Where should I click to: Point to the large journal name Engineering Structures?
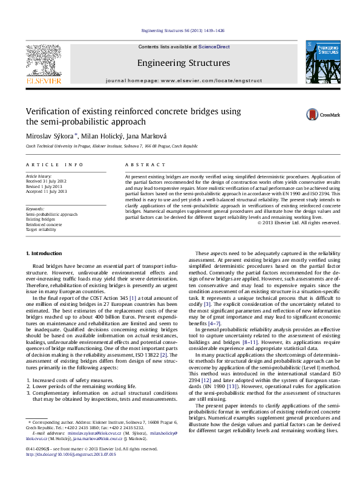coord(183,62)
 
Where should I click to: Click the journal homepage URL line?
coord(183,80)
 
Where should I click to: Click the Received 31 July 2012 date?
coord(45,180)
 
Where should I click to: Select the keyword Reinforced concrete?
coord(44,224)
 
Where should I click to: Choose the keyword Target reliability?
coord(41,230)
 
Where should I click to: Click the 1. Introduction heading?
coord(46,270)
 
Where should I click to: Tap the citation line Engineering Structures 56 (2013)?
coord(180,30)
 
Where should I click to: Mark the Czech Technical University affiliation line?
coord(111,146)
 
